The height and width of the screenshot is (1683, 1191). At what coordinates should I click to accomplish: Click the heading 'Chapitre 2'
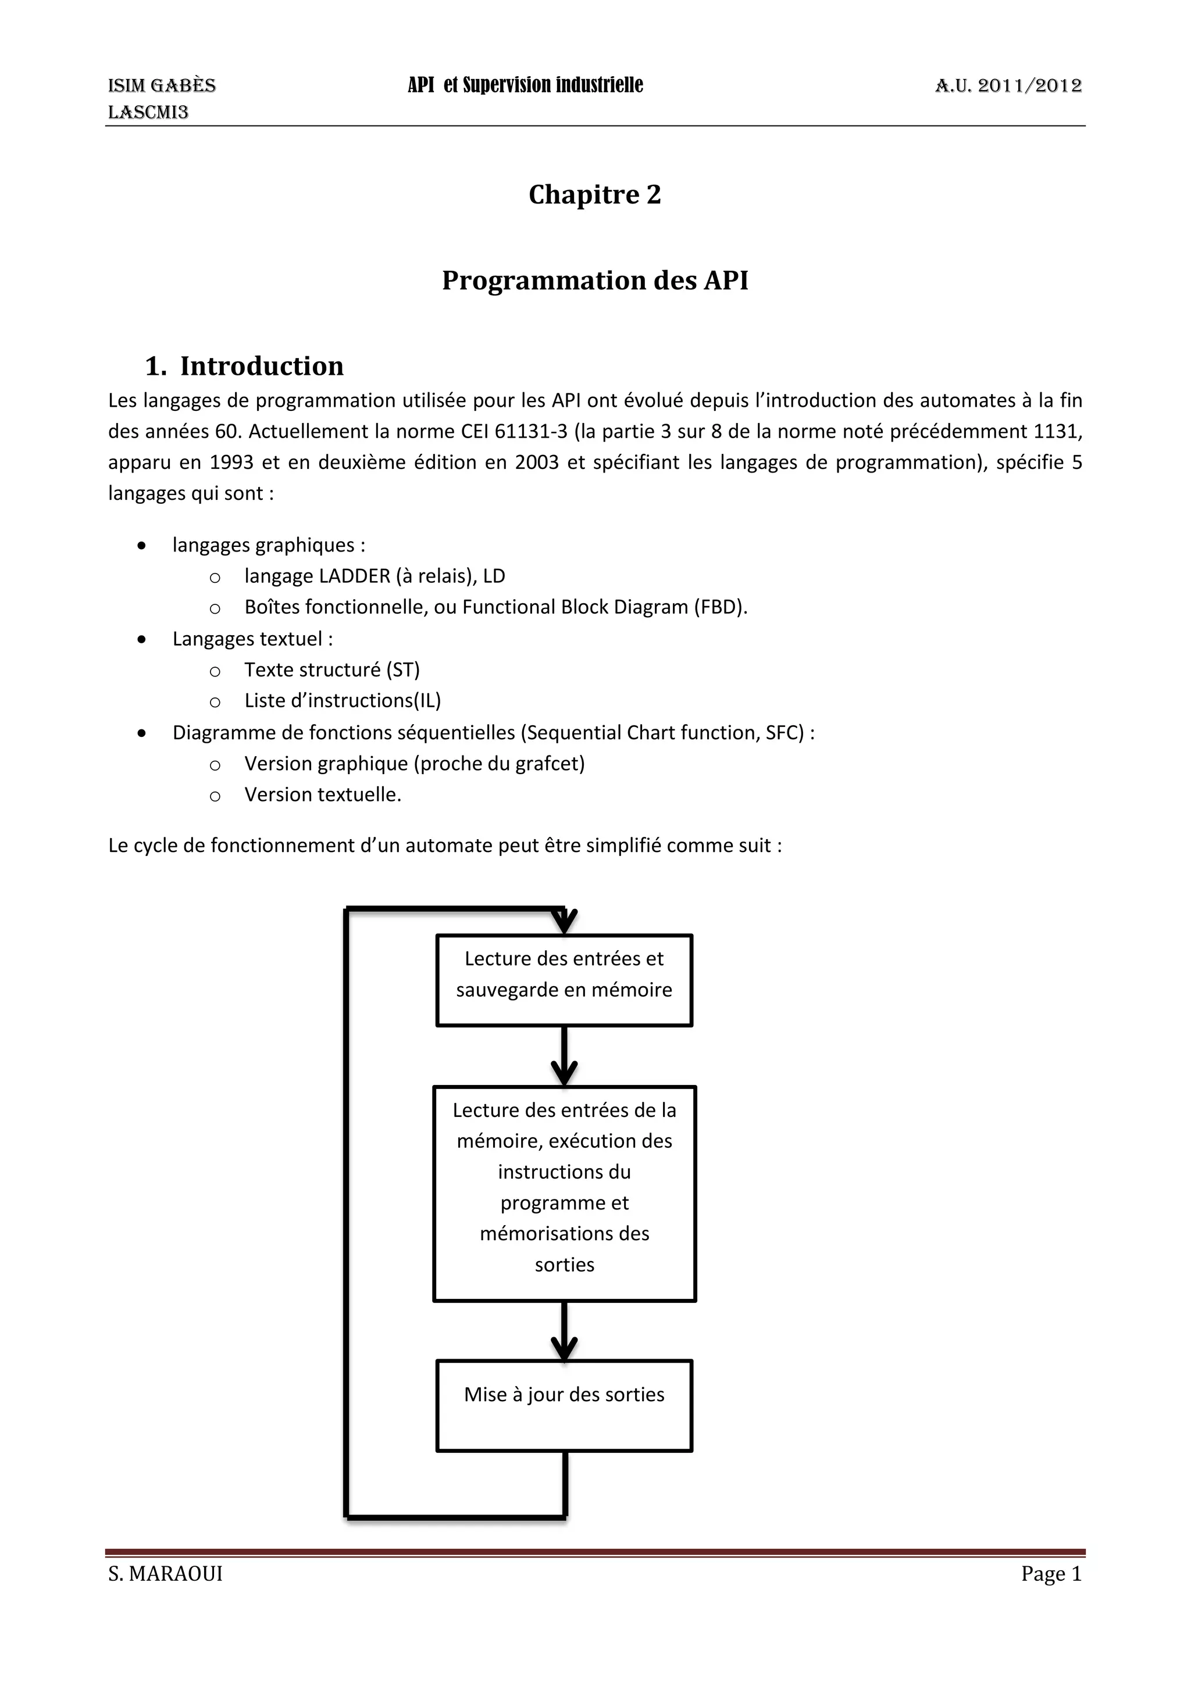click(x=595, y=194)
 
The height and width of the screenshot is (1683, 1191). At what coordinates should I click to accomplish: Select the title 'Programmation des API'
click(x=595, y=280)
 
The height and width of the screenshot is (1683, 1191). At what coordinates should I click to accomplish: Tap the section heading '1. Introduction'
click(x=244, y=366)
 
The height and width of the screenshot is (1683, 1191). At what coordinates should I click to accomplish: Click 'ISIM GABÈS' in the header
click(x=162, y=86)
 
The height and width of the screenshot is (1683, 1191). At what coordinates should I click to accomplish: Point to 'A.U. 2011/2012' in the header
click(x=1008, y=86)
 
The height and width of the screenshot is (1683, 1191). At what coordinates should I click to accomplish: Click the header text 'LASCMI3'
click(x=148, y=112)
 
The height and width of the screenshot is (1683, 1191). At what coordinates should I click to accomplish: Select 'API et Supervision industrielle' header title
click(x=525, y=85)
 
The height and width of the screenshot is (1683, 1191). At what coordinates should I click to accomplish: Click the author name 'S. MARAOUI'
click(x=165, y=1573)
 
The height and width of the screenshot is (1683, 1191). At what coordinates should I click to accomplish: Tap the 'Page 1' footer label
click(x=1051, y=1573)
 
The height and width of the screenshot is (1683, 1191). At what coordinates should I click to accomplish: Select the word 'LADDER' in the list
click(x=355, y=576)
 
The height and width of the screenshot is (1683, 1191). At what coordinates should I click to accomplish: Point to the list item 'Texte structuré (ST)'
click(x=332, y=670)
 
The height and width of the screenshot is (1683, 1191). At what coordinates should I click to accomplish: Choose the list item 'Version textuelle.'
click(x=323, y=794)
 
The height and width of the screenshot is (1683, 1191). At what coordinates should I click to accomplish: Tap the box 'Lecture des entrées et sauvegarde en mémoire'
click(x=564, y=979)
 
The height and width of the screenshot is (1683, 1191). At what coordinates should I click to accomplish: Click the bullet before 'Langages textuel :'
click(x=141, y=640)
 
